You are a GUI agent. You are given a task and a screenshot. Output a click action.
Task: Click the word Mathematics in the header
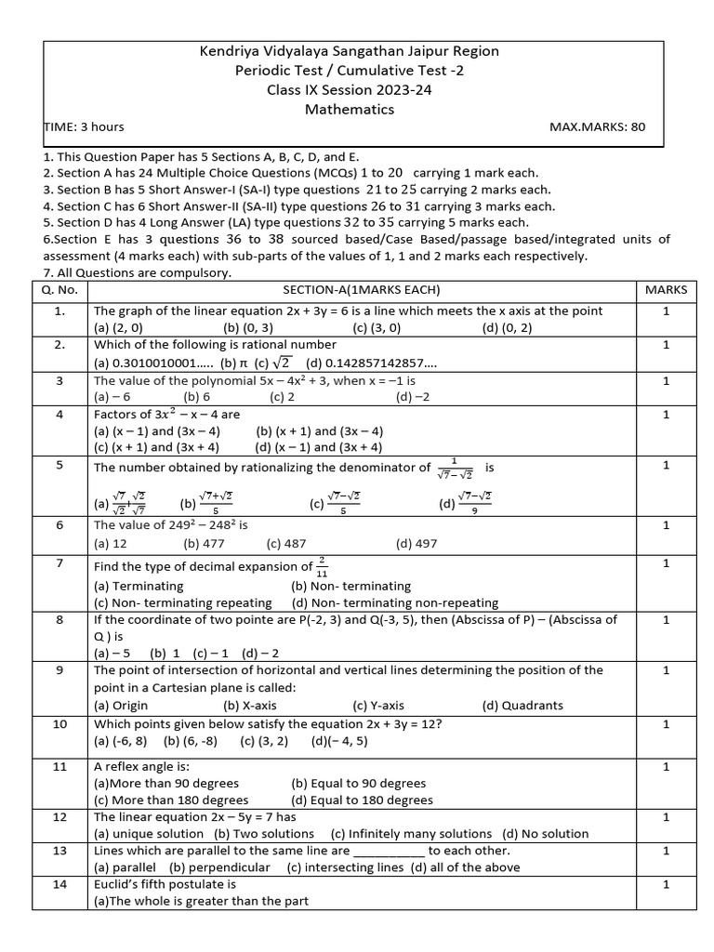[350, 109]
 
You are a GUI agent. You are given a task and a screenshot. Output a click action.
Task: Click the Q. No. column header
[59, 290]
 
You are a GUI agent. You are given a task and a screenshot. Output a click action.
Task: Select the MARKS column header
[665, 290]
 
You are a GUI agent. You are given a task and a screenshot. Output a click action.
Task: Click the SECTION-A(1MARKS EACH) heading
[361, 290]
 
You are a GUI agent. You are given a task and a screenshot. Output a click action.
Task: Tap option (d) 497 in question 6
[416, 544]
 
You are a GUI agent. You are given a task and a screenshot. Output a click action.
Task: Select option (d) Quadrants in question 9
[522, 705]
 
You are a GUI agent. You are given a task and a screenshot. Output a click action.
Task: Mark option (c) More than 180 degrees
[171, 800]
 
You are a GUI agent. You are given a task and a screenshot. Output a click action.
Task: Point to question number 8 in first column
[59, 619]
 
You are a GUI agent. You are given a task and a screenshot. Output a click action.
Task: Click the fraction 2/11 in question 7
[322, 566]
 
